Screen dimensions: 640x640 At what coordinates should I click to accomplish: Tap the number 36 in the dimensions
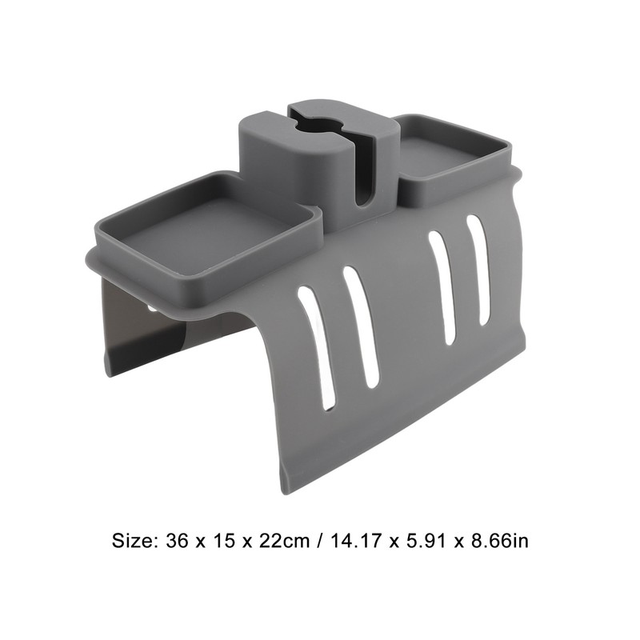[177, 541]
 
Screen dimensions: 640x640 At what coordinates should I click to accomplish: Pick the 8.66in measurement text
[506, 541]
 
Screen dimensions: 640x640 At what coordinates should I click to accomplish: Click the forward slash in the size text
[318, 541]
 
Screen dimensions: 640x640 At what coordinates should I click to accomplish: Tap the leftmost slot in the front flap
[317, 346]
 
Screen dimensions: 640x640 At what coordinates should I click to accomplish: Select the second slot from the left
[362, 326]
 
